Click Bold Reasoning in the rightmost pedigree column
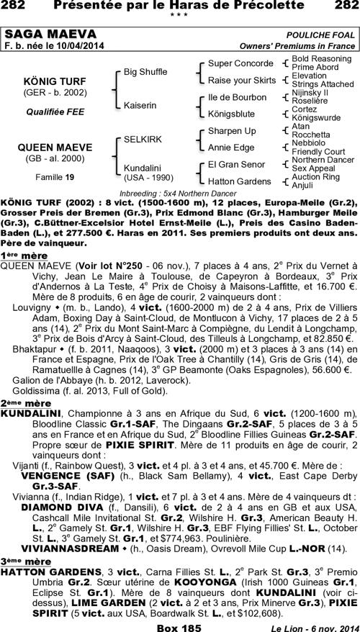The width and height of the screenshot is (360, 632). point(321,58)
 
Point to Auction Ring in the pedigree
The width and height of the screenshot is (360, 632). point(315,176)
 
